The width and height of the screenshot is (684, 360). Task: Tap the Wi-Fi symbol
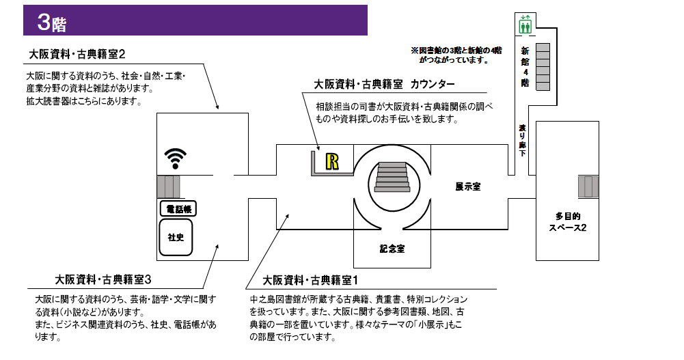(x=175, y=158)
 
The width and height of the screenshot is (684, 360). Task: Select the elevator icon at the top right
(x=525, y=26)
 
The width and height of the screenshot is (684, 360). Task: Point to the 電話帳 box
(x=177, y=208)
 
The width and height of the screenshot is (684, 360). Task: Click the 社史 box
(x=176, y=237)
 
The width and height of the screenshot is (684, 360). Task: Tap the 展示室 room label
(x=468, y=186)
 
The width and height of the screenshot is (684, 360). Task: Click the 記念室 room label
(x=392, y=249)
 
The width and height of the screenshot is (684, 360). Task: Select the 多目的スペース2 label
(x=567, y=222)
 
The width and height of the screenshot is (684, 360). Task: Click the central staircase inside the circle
(x=392, y=179)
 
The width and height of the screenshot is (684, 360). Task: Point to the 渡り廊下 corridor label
(x=523, y=140)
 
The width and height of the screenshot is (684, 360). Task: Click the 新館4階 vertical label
(x=525, y=67)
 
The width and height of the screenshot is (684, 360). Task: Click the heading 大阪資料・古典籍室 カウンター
(x=384, y=85)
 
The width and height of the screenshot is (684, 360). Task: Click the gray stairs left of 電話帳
(x=168, y=186)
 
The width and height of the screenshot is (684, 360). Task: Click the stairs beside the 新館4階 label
(x=543, y=66)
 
